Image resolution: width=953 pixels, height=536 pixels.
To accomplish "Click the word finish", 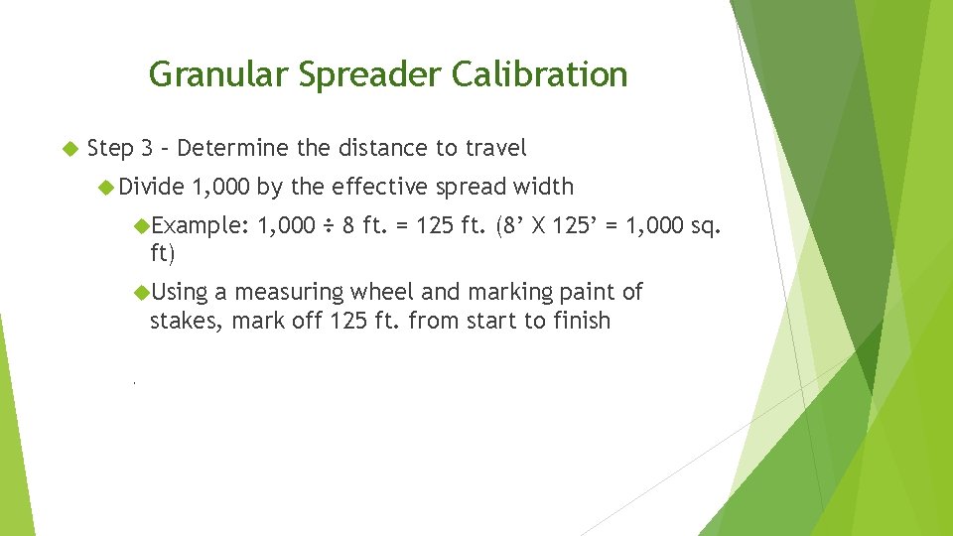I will coord(581,321).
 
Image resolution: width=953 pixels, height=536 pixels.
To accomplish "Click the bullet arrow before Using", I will coord(141,292).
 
